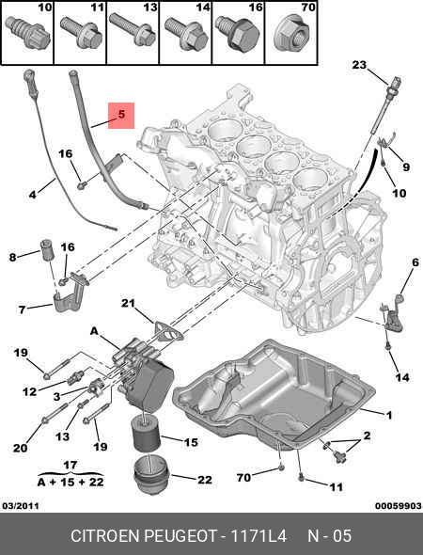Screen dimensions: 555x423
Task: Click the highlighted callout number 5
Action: coord(121,115)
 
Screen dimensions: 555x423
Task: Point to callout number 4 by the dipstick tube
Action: coord(32,195)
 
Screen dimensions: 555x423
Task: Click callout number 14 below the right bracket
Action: coord(402,378)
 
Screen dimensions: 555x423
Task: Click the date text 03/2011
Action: coord(21,506)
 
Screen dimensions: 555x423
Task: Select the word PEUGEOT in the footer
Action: coord(189,535)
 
